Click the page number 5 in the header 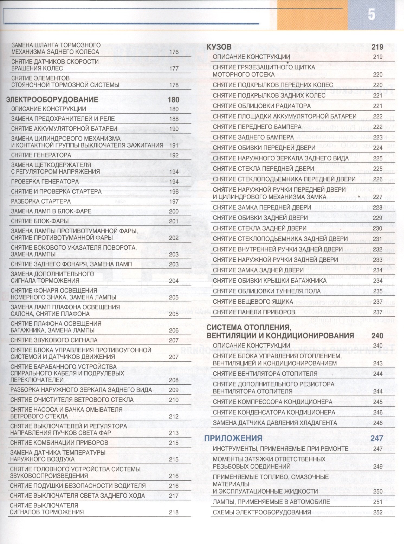[371, 15]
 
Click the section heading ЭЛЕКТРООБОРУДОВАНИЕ [52, 99]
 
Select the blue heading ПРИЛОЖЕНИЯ [233, 438]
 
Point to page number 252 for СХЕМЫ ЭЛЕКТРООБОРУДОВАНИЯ [378, 512]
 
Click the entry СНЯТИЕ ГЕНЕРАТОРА [41, 155]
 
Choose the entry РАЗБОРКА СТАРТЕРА [41, 201]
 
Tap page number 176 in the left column [174, 52]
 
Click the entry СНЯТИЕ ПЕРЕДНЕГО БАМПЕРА [257, 127]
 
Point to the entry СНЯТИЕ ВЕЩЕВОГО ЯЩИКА [253, 302]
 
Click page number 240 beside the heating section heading [377, 336]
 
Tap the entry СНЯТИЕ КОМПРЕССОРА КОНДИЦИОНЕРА [273, 402]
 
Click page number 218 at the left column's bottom [174, 512]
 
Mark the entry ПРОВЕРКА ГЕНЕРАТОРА [45, 182]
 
